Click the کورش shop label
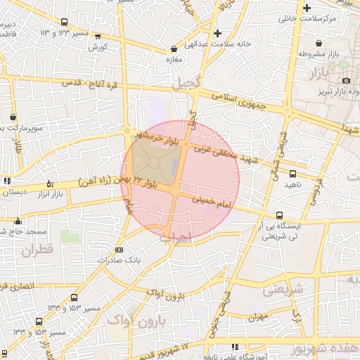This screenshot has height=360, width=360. (x=97, y=47)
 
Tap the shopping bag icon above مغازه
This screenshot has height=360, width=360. (x=174, y=49)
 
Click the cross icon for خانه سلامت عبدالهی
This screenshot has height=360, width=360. (x=217, y=33)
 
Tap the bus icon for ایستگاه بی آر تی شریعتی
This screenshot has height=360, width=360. (x=280, y=216)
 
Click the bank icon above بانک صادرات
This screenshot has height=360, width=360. (x=118, y=250)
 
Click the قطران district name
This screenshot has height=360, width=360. (x=36, y=250)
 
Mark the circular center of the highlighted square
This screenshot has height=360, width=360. (x=153, y=162)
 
